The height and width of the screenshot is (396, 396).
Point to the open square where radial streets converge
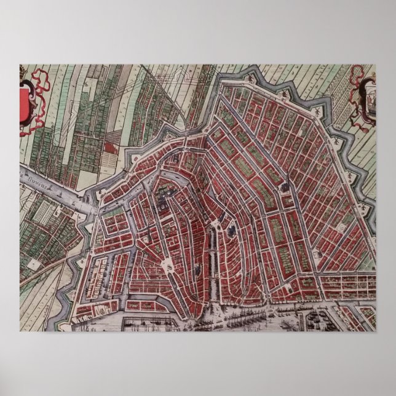point(168,265)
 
